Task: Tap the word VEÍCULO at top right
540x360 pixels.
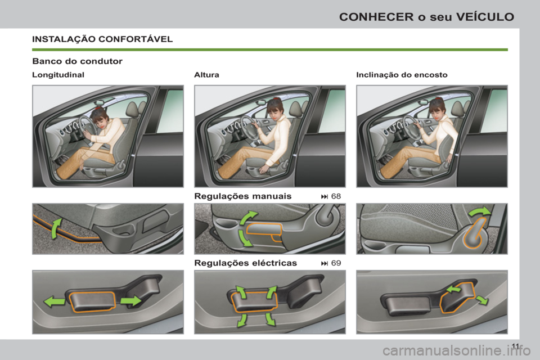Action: [x=487, y=16]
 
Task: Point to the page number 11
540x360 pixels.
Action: [x=516, y=345]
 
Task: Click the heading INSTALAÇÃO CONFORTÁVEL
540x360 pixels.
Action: [x=102, y=39]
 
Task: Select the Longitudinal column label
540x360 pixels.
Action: [x=58, y=75]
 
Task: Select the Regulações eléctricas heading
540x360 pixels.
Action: [x=245, y=263]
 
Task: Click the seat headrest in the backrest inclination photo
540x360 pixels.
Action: [x=456, y=109]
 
